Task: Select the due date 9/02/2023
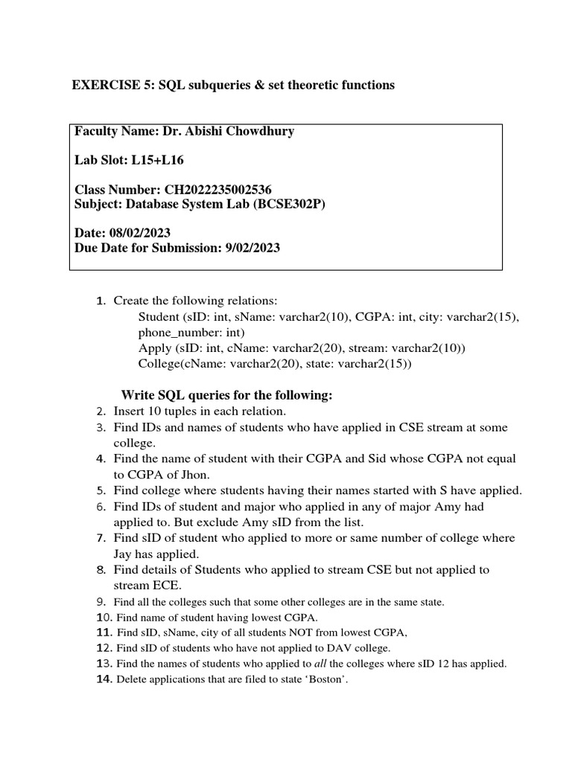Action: tap(252, 248)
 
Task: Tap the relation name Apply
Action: tap(154, 348)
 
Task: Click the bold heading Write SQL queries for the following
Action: tap(226, 394)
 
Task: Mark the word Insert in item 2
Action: tap(130, 411)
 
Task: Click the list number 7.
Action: tap(101, 538)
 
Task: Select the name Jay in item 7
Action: tap(124, 554)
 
